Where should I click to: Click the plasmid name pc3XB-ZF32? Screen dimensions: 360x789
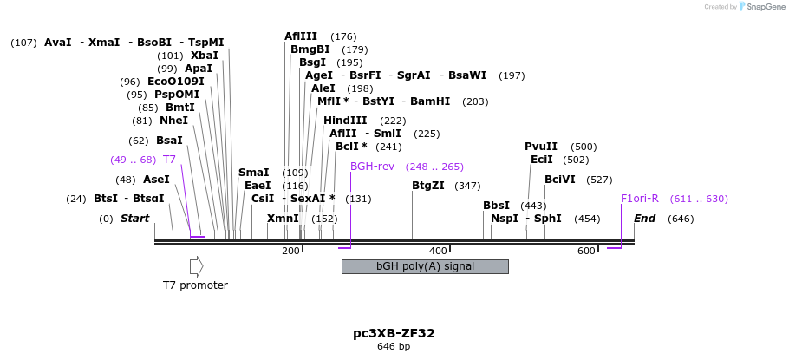394,333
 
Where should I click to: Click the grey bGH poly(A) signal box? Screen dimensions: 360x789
425,266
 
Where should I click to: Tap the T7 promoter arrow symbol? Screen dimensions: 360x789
196,266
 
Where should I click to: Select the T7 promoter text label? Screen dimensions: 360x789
195,285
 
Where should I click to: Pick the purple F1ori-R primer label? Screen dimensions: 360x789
639,199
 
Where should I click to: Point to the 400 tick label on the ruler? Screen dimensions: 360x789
439,251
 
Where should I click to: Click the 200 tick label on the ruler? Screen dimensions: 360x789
290,251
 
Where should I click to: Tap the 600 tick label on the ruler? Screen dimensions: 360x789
587,251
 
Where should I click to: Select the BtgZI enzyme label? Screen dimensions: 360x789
427,186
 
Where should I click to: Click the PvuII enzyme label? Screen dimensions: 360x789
541,147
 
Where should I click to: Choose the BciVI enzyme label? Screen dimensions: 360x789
559,180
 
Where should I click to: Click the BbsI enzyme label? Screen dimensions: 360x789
496,206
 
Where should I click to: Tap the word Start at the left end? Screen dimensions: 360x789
134,219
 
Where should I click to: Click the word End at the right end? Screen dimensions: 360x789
644,219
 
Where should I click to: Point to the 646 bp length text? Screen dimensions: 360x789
394,347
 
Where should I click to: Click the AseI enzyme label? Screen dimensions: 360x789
156,180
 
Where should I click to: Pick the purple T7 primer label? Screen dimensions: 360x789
169,160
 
